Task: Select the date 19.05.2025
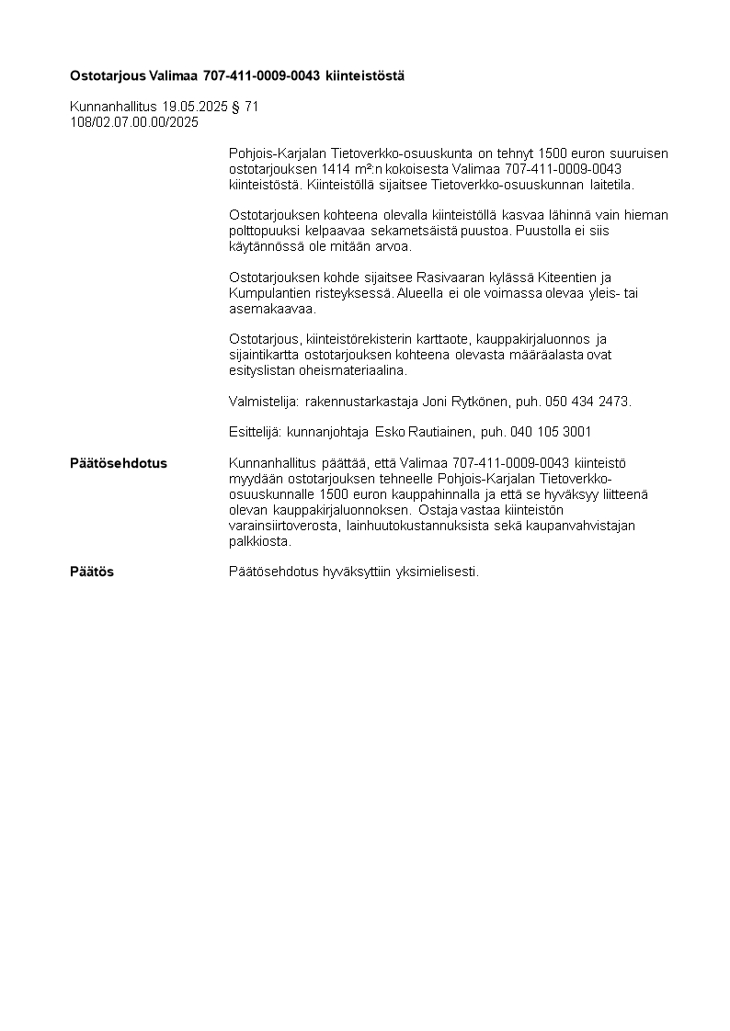coord(194,107)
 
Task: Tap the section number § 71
coord(246,107)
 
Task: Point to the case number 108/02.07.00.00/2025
coord(134,121)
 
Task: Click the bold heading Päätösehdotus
coord(119,463)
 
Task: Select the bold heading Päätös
coord(92,572)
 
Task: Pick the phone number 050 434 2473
coord(587,402)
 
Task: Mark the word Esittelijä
coord(255,432)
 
